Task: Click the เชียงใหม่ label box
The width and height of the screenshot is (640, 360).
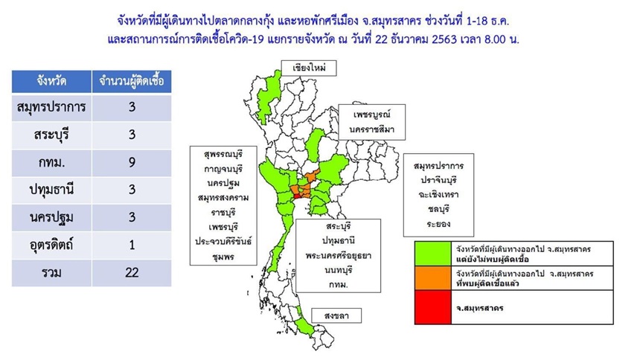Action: coord(309,68)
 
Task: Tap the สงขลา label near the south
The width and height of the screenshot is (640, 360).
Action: coord(336,315)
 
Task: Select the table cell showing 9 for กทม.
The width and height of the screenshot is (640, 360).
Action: coord(132,162)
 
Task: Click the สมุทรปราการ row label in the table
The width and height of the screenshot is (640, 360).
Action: coord(51,107)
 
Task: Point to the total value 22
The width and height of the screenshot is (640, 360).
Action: coord(132,272)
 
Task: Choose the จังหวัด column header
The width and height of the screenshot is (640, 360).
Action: coord(51,81)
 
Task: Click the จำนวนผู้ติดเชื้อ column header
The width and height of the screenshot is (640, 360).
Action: coord(132,81)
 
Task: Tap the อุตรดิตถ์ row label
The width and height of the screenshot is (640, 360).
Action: coord(51,245)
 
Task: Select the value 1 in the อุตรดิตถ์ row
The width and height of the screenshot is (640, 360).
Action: coord(132,245)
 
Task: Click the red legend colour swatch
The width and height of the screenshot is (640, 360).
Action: coord(433,307)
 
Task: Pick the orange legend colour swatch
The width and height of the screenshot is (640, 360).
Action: coord(433,278)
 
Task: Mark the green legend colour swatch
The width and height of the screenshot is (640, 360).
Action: coord(433,254)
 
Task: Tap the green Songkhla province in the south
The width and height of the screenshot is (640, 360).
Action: coord(304,327)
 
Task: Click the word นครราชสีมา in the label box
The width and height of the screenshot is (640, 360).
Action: coord(371,129)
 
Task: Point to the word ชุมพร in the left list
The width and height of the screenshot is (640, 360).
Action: coord(223,257)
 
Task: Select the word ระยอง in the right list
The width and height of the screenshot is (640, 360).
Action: coord(438,224)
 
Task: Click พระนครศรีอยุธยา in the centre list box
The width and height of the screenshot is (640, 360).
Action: coord(338,256)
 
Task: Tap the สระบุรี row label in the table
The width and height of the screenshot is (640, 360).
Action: coord(51,135)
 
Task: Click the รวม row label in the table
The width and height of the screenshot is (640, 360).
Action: coord(51,272)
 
